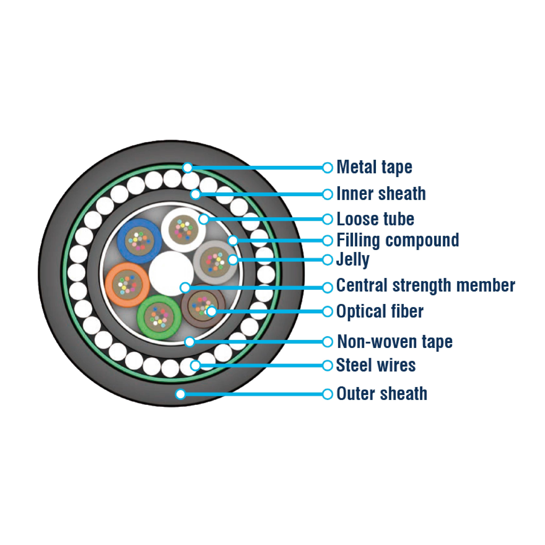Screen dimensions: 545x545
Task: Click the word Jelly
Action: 353,260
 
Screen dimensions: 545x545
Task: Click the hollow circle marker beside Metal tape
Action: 328,168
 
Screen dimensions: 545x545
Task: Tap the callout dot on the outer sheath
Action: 181,394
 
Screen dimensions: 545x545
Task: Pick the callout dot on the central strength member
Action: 185,287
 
